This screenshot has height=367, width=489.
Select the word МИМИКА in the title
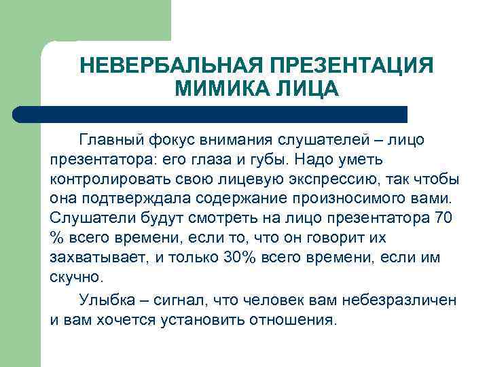pos(217,89)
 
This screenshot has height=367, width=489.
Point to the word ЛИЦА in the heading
pos(301,89)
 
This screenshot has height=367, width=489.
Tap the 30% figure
pos(238,258)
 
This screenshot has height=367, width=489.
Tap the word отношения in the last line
pos(293,319)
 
